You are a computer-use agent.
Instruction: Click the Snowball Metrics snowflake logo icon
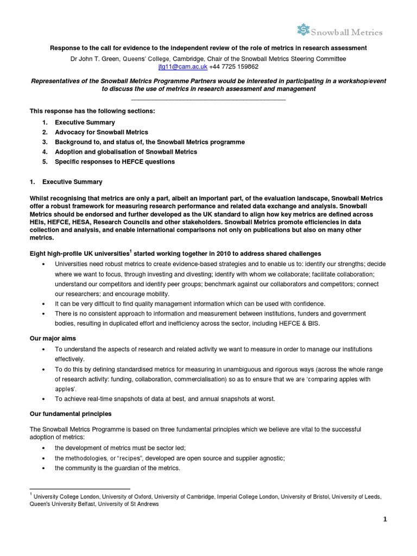point(303,31)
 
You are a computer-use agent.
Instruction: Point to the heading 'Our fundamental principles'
point(70,414)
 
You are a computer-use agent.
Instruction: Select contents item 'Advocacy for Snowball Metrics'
point(101,132)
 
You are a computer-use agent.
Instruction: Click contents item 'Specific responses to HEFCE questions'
point(115,161)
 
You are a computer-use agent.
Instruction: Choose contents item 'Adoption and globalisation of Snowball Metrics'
point(126,151)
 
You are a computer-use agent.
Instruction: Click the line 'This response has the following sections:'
point(92,111)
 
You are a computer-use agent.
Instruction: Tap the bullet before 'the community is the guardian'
point(43,469)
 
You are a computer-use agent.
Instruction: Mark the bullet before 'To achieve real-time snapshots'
point(43,399)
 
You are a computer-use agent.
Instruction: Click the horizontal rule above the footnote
point(80,489)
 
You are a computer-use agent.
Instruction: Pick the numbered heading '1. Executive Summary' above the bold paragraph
point(66,181)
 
